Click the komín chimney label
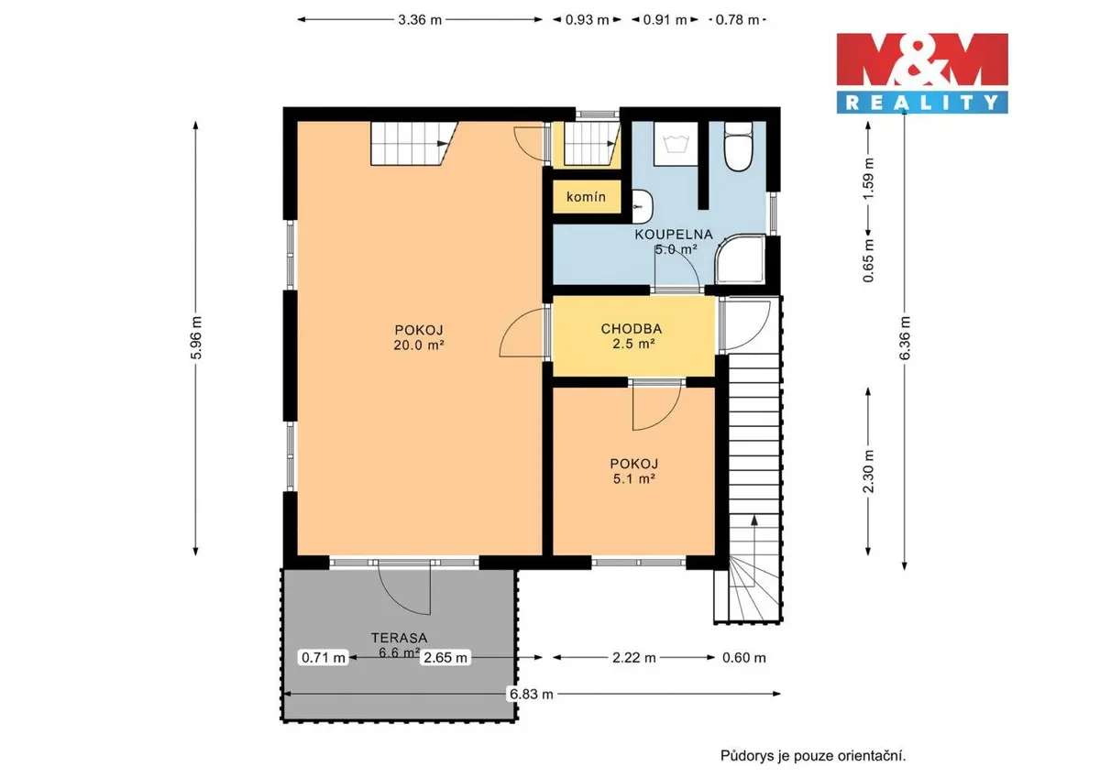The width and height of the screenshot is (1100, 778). (586, 197)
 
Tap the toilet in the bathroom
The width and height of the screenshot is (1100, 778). (738, 147)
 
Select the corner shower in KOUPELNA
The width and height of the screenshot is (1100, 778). (741, 259)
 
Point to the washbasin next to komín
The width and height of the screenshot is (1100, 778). (643, 207)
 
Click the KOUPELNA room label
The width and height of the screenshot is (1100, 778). (674, 235)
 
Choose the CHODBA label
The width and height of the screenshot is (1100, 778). (632, 329)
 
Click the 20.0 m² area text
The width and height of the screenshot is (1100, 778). (419, 345)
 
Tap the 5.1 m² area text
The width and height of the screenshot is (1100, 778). (634, 478)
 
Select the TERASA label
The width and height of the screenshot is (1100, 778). (399, 638)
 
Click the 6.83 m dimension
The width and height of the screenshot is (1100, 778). (532, 694)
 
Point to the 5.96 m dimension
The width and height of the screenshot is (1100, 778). (196, 338)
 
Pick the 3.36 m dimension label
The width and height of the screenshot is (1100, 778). (420, 20)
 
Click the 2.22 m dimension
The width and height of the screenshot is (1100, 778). (634, 658)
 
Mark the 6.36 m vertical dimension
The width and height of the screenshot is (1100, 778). (905, 338)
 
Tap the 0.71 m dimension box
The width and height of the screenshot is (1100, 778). (323, 657)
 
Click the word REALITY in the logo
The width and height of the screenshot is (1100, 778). (922, 103)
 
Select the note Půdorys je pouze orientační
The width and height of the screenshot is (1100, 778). (813, 756)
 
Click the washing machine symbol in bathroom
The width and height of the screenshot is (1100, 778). (676, 143)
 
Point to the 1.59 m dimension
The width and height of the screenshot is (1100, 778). (868, 178)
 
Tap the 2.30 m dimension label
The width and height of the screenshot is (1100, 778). (868, 471)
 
